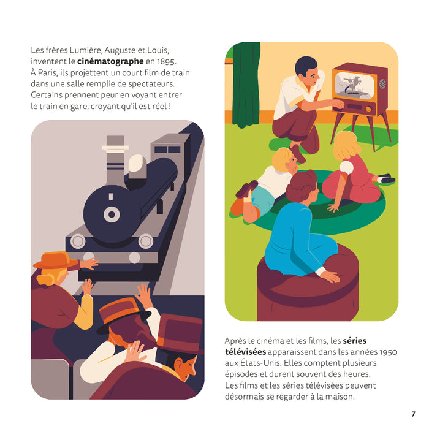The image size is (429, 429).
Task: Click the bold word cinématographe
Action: [x=110, y=62]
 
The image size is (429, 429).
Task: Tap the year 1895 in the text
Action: [x=165, y=62]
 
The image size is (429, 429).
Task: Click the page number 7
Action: [x=413, y=414]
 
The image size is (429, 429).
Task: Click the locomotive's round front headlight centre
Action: [x=112, y=214]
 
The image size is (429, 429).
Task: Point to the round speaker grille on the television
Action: [x=381, y=83]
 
